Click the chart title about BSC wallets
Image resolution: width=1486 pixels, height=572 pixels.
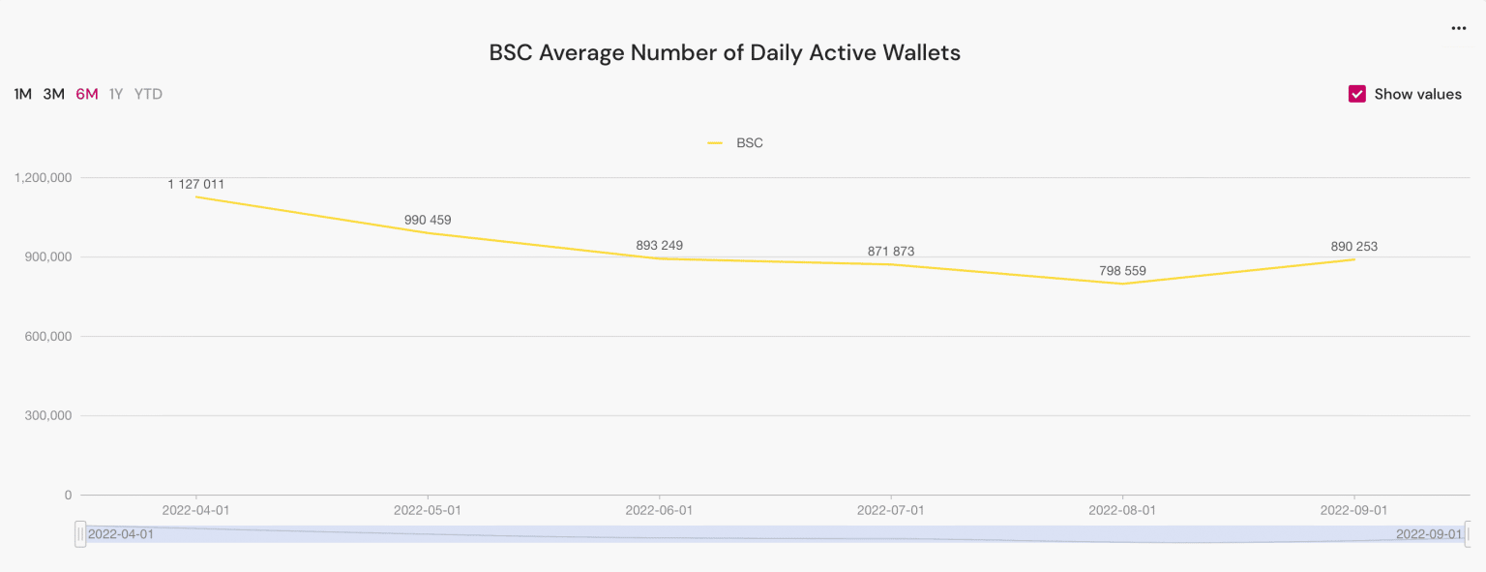[725, 52]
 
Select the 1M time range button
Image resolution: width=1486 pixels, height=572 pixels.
[23, 94]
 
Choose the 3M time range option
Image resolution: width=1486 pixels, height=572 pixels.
[54, 94]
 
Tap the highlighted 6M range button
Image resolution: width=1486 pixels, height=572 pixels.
[87, 94]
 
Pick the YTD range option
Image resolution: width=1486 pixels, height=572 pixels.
[148, 94]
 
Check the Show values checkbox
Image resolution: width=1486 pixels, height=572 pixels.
[1357, 94]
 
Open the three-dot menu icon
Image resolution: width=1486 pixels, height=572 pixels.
[1459, 29]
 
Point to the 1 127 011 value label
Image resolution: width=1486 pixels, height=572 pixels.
[196, 184]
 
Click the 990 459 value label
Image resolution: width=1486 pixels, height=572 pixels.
[428, 220]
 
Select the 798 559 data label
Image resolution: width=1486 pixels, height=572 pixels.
[1122, 271]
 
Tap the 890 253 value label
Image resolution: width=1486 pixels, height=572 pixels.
[1353, 247]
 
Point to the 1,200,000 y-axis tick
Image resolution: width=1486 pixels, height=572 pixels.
[44, 178]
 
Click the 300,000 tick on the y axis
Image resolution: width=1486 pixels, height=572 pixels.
[47, 416]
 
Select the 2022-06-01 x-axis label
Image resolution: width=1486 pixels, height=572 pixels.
[659, 509]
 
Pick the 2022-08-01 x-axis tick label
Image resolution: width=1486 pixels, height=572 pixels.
[1122, 509]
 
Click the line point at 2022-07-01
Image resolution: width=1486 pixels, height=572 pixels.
[891, 264]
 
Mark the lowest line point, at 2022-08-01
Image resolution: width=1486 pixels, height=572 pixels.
[1122, 284]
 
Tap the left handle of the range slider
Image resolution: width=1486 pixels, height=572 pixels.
[80, 533]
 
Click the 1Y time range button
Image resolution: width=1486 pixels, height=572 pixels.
[116, 94]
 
